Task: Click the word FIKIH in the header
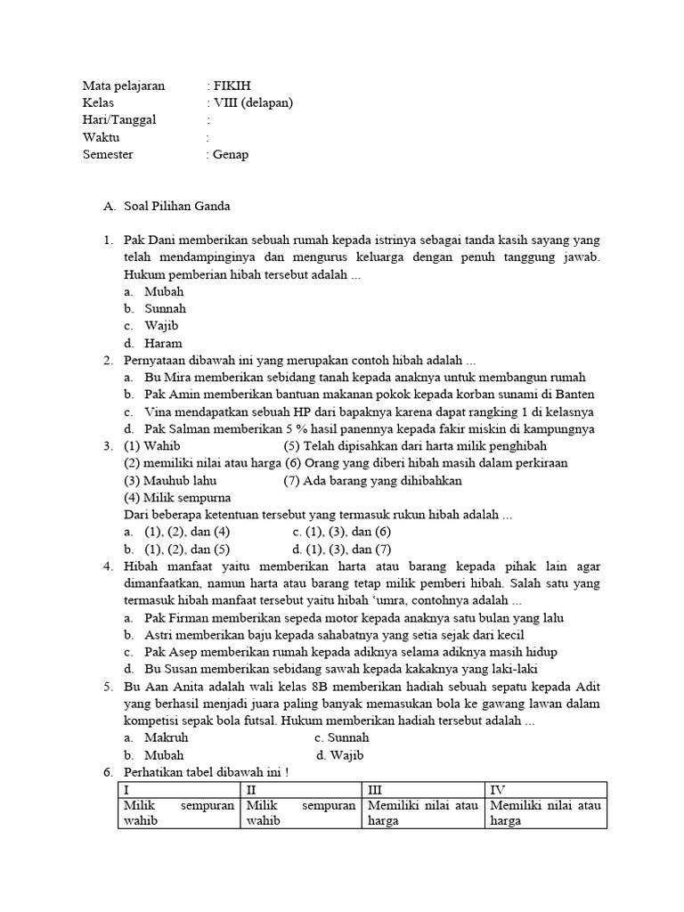tap(232, 85)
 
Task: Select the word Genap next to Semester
tap(232, 154)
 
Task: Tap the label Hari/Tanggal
tap(118, 119)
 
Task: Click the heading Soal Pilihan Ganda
tap(177, 206)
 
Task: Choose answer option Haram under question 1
tap(165, 343)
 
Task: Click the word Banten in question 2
tap(576, 395)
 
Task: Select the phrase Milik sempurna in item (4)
tap(190, 497)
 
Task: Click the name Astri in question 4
tap(160, 635)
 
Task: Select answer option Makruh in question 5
tap(166, 738)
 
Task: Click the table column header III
tap(377, 789)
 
